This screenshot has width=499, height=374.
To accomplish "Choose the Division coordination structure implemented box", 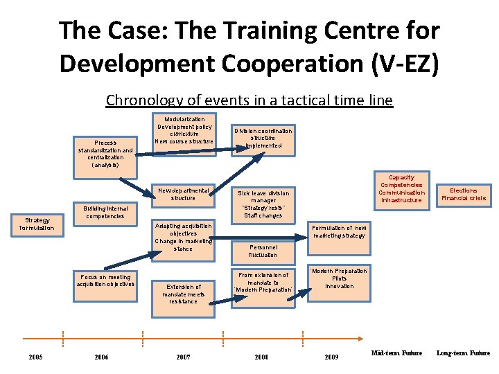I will [263, 137].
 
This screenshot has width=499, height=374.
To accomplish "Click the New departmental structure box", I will [183, 194].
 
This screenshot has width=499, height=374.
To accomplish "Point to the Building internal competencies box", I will [105, 212].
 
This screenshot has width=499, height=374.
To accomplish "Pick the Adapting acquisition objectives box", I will [183, 237].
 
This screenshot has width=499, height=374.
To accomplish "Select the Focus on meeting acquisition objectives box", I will [105, 280].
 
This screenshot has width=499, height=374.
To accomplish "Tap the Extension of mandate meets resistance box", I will [183, 294].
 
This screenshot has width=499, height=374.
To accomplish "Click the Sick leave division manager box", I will [263, 204].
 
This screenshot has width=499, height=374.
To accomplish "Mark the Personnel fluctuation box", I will [263, 251].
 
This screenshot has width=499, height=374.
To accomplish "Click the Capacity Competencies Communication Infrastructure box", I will [401, 188].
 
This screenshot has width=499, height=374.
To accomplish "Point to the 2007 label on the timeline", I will [183, 357].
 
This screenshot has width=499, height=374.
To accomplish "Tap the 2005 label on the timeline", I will [36, 357].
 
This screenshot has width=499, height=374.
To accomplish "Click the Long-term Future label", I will [463, 353].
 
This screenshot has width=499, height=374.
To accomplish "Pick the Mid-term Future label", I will [396, 353].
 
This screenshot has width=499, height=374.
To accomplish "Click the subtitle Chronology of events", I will [249, 100].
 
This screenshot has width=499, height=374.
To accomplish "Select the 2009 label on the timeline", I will [332, 357].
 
